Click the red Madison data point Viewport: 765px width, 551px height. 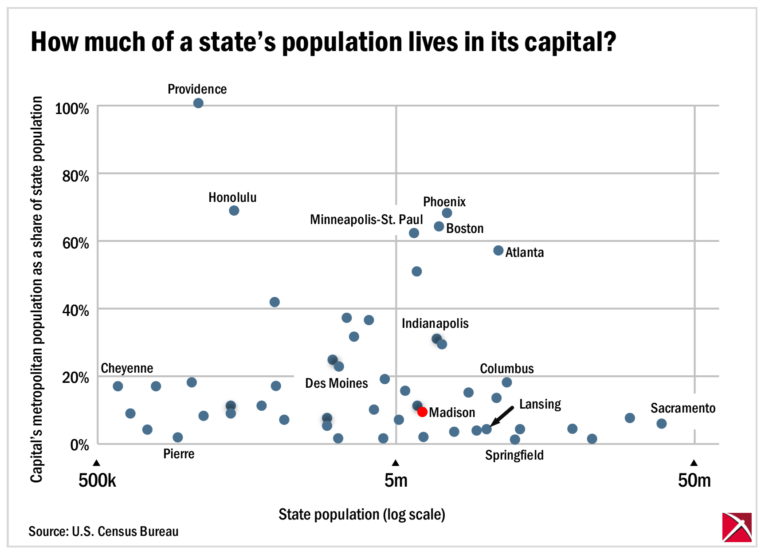pos(422,412)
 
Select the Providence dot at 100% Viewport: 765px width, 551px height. pos(198,103)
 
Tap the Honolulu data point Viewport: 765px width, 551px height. pos(234,210)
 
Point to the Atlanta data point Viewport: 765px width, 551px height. pos(498,251)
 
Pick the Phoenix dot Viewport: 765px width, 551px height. pos(447,213)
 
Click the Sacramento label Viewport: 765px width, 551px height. pos(683,408)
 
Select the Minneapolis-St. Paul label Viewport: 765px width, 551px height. pos(366,220)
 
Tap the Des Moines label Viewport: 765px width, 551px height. pos(336,383)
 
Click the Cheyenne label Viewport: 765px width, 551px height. pos(127,368)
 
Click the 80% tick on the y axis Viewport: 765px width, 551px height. pos(75,176)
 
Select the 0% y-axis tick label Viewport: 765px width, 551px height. pos(79,445)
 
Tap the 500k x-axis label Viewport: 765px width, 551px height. pos(97,480)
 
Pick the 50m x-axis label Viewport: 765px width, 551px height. pos(694,480)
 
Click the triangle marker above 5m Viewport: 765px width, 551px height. pos(396,463)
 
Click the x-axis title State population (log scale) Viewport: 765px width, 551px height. pos(361,514)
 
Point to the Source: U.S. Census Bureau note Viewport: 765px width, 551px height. pos(103,531)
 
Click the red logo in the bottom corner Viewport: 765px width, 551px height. pos(737,527)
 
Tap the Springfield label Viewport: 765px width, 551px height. pos(514,455)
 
